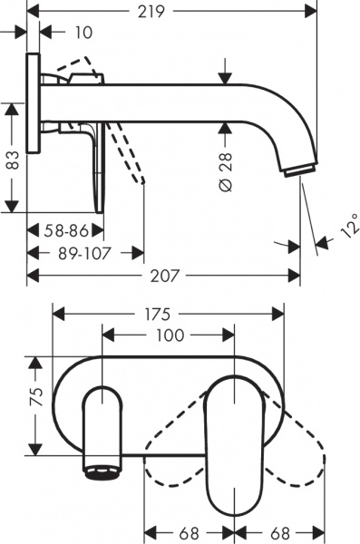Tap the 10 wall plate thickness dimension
click(84, 34)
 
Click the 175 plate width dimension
click(160, 314)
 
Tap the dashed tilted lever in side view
click(130, 150)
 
